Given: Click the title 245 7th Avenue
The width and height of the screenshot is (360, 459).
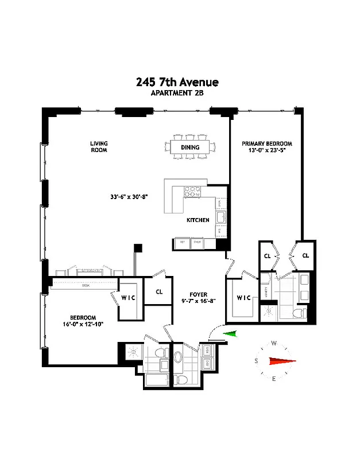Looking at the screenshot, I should (x=177, y=82).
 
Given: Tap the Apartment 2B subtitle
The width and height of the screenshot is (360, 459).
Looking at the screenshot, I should (x=177, y=94).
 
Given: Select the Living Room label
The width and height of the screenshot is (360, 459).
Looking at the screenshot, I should (x=99, y=147).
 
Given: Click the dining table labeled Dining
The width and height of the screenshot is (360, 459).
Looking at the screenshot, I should (x=190, y=147).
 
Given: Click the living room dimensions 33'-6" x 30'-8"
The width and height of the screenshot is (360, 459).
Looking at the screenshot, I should (x=129, y=197).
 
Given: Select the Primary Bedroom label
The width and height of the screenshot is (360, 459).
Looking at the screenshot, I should (x=267, y=143).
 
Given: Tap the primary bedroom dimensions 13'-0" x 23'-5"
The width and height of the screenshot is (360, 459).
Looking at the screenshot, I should (x=267, y=151).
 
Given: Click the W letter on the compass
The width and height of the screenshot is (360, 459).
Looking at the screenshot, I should (x=274, y=343).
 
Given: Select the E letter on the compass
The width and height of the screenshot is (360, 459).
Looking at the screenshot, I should (x=274, y=378).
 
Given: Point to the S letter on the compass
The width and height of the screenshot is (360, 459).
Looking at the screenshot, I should (x=256, y=361).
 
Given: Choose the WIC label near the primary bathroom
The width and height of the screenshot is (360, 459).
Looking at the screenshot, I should (x=243, y=297).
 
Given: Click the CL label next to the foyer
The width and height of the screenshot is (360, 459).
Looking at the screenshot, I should (x=159, y=291).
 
